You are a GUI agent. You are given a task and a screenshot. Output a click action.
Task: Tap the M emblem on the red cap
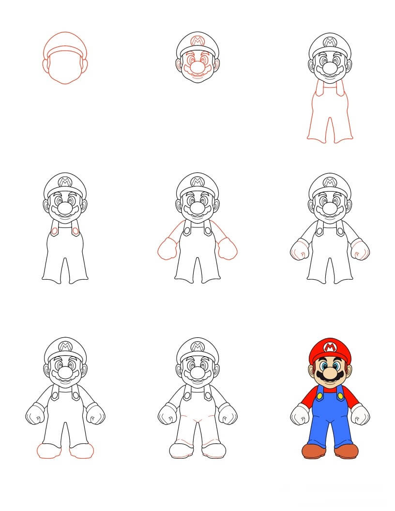point(330,347)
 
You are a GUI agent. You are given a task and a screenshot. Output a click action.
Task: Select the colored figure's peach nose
point(330,372)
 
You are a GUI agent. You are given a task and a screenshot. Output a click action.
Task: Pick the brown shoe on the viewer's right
point(347,451)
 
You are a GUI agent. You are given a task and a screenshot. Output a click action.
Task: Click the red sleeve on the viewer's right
point(351,398)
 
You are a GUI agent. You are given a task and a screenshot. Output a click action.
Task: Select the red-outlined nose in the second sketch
point(197,66)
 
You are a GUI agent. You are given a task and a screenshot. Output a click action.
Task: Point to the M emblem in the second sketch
point(197,41)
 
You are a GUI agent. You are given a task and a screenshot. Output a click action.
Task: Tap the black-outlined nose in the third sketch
point(330,68)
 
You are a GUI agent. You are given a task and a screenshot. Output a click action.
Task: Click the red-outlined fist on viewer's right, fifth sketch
point(227,249)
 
